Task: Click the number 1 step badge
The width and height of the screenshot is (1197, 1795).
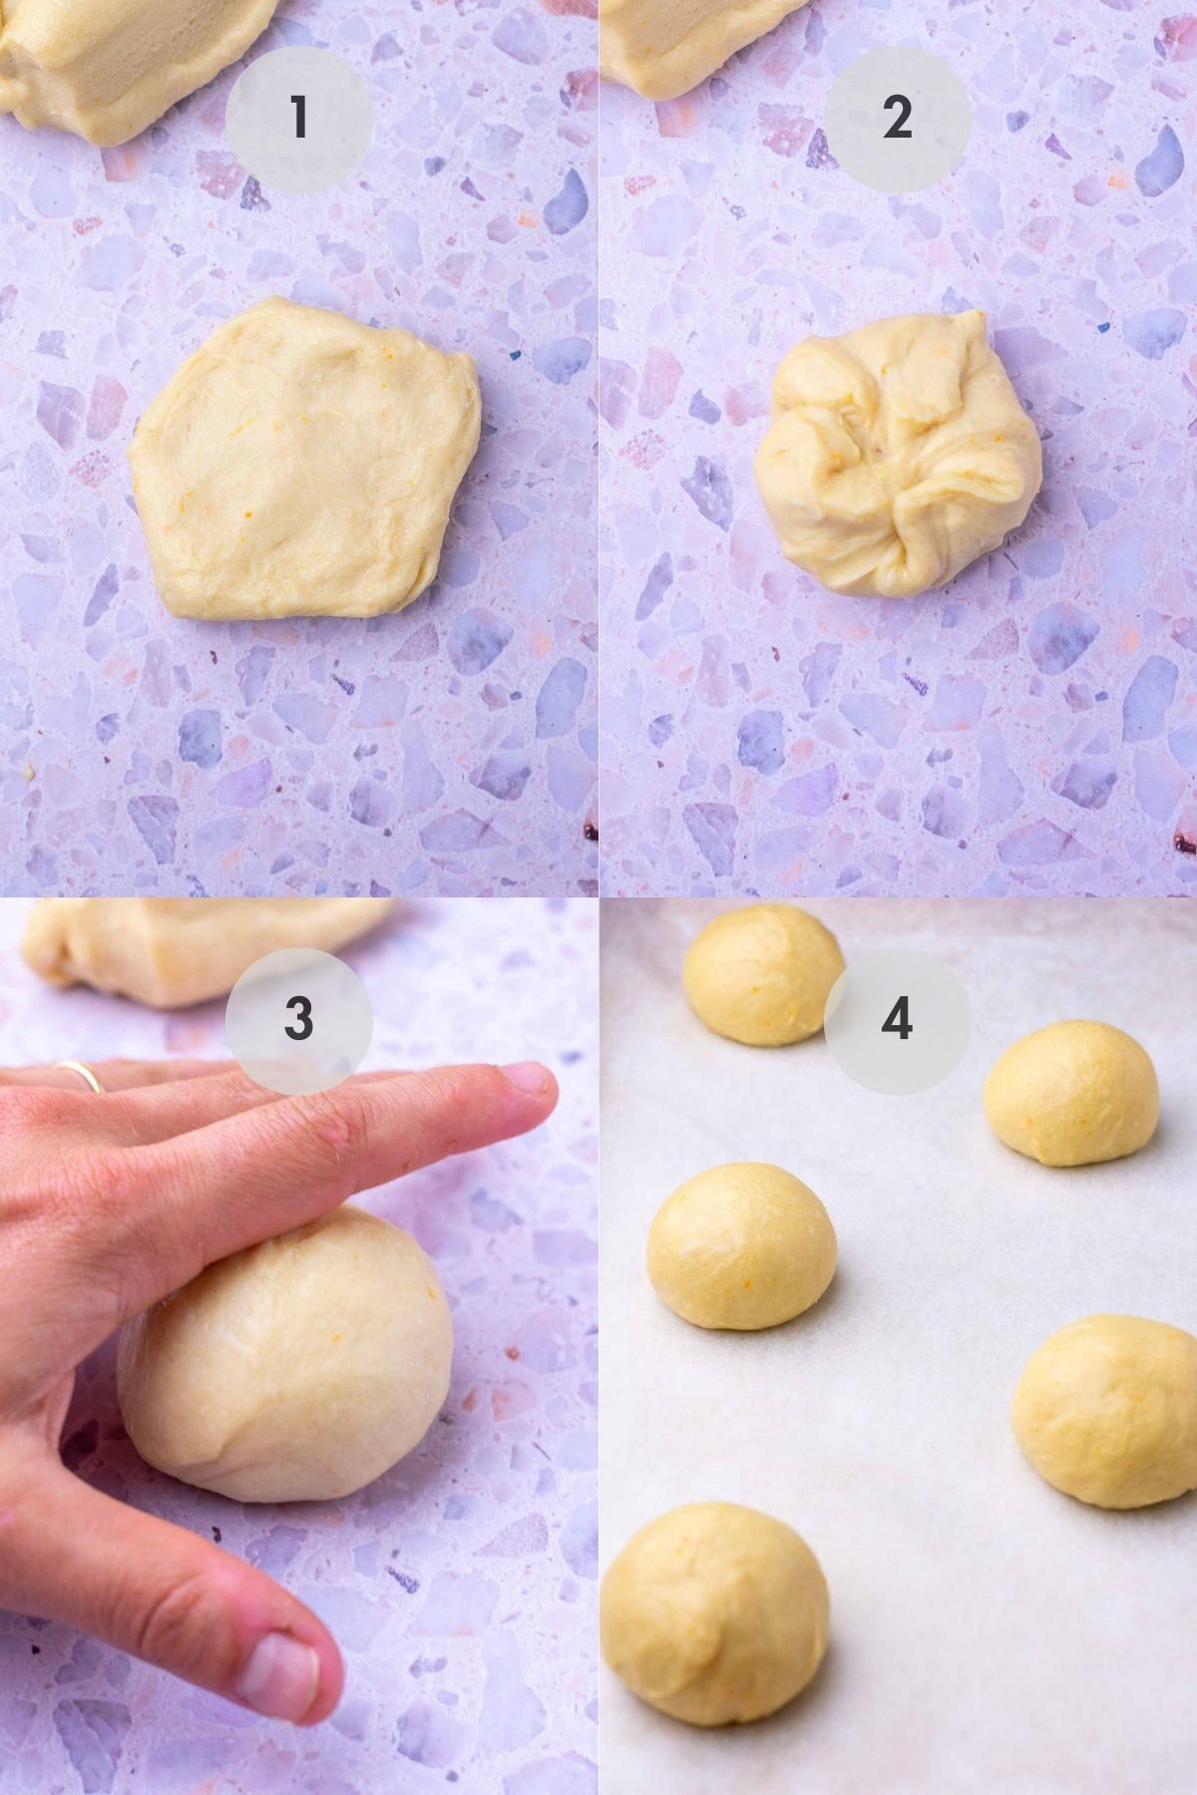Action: (298, 119)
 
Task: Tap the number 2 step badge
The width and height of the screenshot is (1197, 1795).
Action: (897, 119)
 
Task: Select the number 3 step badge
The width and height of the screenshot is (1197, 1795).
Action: (298, 1018)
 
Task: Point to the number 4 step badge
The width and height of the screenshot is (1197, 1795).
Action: (897, 1018)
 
